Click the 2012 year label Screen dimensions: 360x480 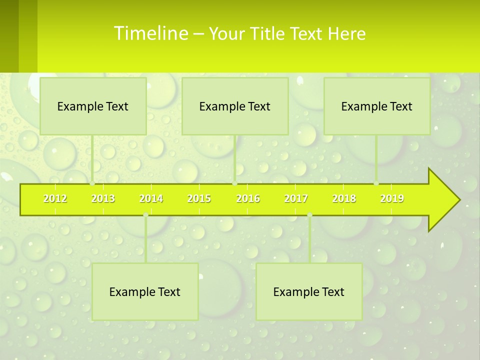[55, 198]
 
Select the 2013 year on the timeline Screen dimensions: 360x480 [103, 198]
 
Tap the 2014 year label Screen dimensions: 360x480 [151, 198]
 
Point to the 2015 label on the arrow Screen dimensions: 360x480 [199, 198]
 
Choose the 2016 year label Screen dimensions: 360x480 [248, 198]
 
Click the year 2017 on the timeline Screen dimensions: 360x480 [296, 198]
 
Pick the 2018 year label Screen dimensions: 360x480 [344, 198]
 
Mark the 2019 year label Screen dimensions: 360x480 [392, 198]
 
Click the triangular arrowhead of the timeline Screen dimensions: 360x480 [442, 199]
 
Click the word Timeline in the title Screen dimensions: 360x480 [150, 33]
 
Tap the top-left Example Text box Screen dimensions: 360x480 [93, 106]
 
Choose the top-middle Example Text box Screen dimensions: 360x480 [235, 106]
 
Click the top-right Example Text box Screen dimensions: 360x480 [377, 106]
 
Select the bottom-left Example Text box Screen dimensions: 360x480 [145, 291]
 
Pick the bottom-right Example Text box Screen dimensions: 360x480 [309, 291]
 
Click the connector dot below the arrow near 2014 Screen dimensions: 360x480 [145, 215]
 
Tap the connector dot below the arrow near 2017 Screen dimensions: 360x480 [309, 215]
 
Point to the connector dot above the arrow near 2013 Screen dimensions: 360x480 [92, 183]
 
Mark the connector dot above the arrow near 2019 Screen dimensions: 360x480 [376, 183]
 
